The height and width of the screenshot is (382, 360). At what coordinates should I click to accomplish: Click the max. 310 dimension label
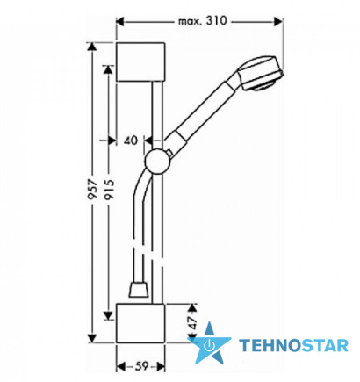[202, 21]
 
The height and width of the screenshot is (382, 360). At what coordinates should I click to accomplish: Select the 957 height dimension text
[92, 190]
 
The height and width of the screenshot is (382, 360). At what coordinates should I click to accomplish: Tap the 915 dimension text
[109, 190]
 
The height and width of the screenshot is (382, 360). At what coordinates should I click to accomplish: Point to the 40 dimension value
[131, 141]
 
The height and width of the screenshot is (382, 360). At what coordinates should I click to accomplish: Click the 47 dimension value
[192, 323]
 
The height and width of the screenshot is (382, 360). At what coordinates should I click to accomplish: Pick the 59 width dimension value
[140, 366]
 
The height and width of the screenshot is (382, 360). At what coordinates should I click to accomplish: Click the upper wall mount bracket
[140, 61]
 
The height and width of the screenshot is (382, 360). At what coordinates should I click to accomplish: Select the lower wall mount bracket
[140, 323]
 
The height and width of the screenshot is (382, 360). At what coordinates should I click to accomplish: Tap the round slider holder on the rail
[157, 162]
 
